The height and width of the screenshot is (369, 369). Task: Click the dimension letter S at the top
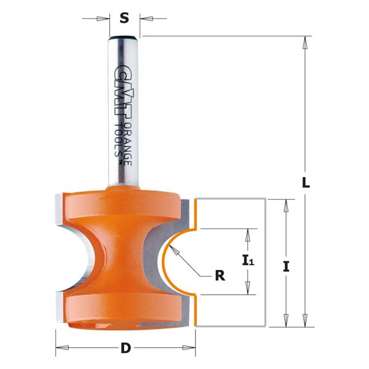(x=124, y=18)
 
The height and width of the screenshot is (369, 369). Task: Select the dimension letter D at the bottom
(x=126, y=349)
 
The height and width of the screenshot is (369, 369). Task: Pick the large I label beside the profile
(x=286, y=266)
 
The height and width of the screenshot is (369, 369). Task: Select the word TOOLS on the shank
(x=119, y=146)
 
